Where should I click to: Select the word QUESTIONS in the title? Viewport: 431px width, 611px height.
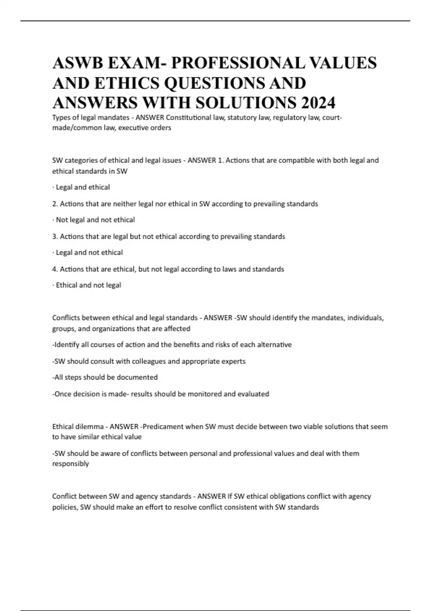tap(212, 83)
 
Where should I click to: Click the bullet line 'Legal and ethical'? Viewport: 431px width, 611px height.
tap(83, 187)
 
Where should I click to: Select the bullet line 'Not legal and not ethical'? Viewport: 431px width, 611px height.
tap(95, 220)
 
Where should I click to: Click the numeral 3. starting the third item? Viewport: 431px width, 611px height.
tap(55, 236)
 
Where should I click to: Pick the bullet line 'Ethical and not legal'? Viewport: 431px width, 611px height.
tap(88, 285)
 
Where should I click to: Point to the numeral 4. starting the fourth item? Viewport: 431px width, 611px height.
tap(55, 269)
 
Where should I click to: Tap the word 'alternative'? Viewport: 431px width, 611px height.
tap(274, 345)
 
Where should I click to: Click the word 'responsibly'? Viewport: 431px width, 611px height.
tap(70, 464)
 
